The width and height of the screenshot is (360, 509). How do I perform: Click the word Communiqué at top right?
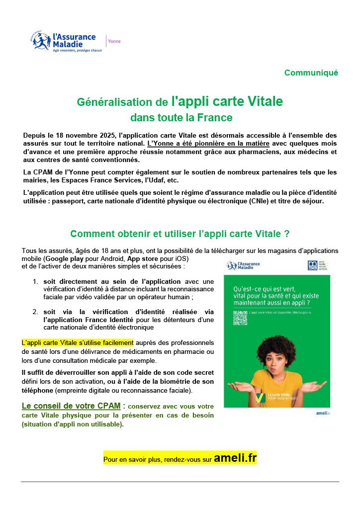click(311, 73)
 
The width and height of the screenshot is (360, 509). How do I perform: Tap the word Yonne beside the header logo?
click(114, 41)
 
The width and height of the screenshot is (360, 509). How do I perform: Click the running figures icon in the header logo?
click(41, 41)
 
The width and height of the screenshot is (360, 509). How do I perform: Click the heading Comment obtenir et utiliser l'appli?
click(180, 234)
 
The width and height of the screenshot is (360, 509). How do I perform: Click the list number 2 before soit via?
click(35, 312)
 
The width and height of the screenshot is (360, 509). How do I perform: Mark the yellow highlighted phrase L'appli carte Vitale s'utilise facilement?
click(78, 342)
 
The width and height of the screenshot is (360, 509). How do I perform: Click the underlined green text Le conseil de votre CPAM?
click(71, 406)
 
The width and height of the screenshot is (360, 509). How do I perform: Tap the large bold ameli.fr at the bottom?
click(235, 459)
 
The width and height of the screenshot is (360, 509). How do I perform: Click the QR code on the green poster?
click(240, 318)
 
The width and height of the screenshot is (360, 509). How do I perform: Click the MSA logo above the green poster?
click(313, 265)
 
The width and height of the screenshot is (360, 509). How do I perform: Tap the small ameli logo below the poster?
click(323, 413)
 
